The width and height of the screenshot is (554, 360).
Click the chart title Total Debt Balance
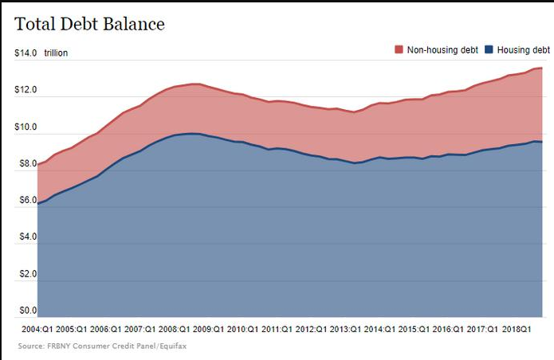coord(89,24)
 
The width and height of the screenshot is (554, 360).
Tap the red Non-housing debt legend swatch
coord(399,49)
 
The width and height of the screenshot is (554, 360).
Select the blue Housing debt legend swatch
coord(489,49)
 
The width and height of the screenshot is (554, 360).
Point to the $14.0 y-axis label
coord(26,53)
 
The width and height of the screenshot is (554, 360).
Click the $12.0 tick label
coord(26,90)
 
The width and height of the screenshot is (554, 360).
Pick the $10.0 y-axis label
coord(26,127)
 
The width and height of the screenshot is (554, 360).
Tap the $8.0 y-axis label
coord(28,163)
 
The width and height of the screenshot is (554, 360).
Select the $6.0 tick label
coord(28,200)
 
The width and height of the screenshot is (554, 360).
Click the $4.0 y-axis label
coord(28,237)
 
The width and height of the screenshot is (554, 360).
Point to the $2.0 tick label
coord(28,274)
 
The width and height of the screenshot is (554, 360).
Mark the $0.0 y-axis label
coord(28,311)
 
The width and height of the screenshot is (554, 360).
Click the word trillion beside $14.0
coord(56,53)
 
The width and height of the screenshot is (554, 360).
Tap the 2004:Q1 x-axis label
coord(37,329)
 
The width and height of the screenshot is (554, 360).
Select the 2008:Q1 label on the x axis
coord(175,329)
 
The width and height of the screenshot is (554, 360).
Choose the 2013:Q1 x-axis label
coord(345,329)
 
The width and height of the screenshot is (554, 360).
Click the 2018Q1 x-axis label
coord(517,329)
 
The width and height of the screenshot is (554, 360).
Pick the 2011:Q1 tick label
coord(277,329)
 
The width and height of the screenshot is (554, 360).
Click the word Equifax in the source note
coord(173,346)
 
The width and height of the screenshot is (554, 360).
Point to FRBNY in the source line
coord(57,346)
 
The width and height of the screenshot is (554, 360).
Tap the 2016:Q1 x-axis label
coord(448,329)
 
